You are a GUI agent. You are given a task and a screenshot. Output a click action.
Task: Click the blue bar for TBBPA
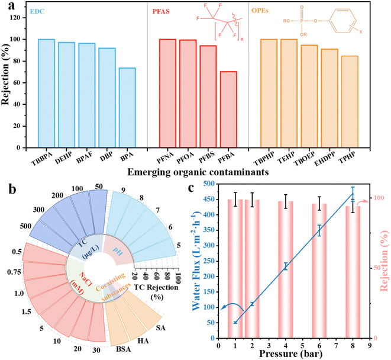click(46, 94)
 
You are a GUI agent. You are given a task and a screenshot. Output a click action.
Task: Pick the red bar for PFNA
click(168, 94)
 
